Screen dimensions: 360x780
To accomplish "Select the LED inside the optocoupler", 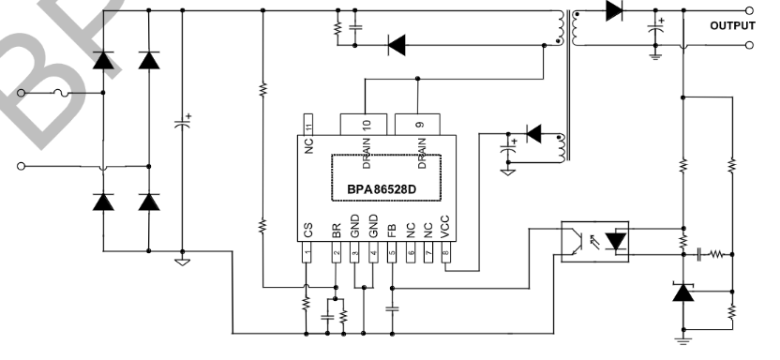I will [x=615, y=241].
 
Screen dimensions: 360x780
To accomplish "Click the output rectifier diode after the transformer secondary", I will [x=614, y=12].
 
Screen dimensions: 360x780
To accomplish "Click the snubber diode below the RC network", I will [x=397, y=43].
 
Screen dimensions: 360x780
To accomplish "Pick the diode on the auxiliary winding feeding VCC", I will [x=533, y=134].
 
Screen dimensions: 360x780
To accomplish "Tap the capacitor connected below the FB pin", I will [x=392, y=307].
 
